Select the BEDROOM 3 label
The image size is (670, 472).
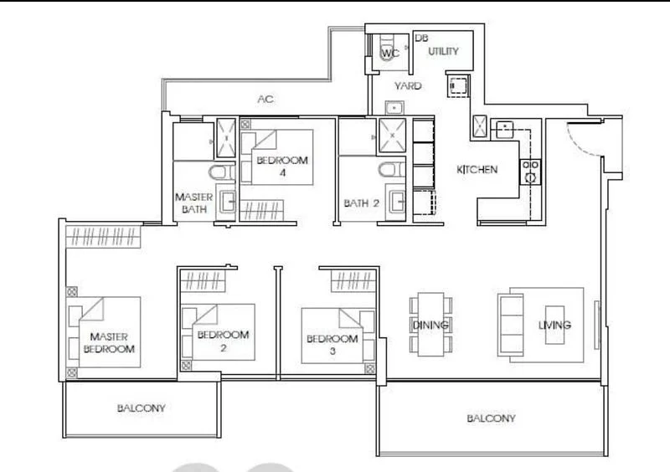(332, 345)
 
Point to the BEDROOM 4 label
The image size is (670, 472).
(282, 166)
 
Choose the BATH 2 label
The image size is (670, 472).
(361, 203)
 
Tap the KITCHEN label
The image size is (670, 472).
(477, 170)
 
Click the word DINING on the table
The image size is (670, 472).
(430, 325)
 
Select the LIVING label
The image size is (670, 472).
(554, 325)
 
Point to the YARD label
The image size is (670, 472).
(409, 86)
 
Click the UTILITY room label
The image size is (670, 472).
(444, 52)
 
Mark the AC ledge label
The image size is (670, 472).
(265, 100)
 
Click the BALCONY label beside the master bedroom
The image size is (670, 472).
(141, 409)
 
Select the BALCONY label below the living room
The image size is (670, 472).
(491, 418)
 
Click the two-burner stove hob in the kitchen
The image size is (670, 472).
(530, 172)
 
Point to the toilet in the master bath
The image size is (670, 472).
(220, 174)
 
